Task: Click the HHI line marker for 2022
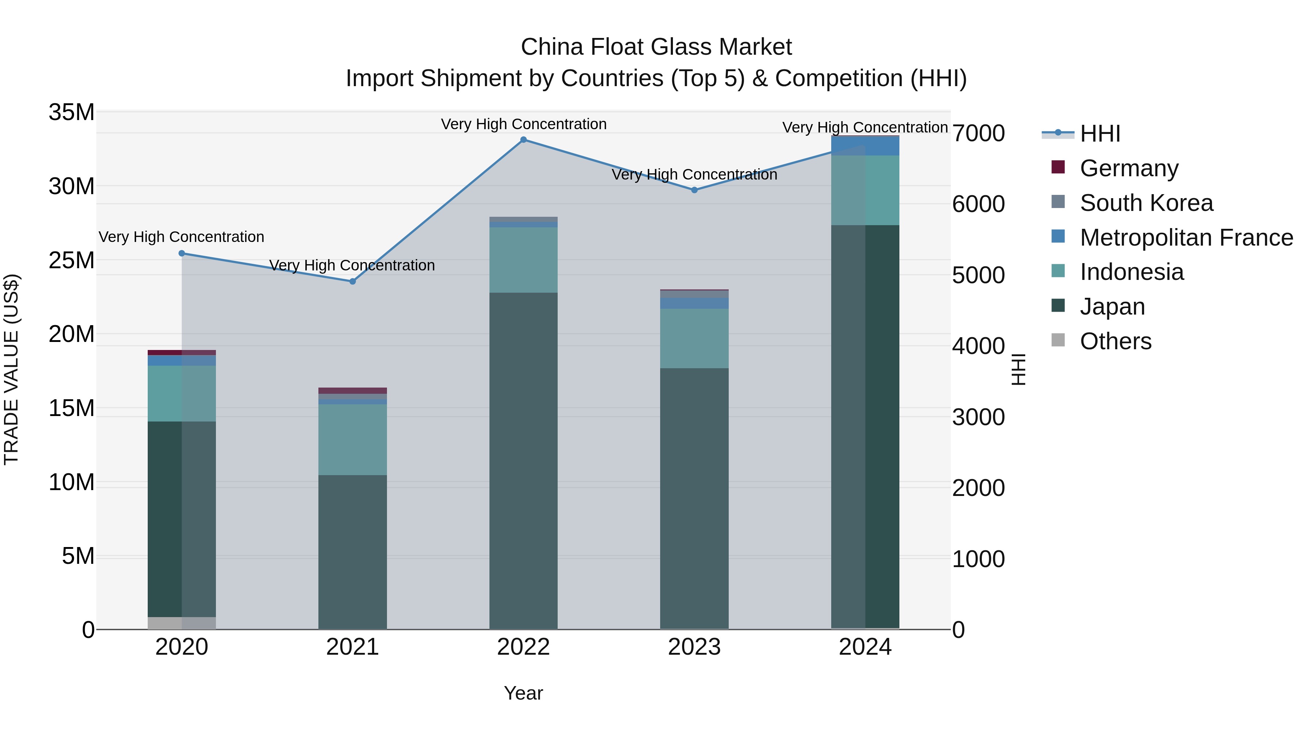[523, 140]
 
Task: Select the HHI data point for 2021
[352, 281]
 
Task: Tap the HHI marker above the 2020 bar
[182, 254]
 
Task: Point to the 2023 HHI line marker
[694, 190]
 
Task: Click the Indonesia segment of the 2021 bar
[352, 440]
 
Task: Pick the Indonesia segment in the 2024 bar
[865, 190]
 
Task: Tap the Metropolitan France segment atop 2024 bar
[865, 146]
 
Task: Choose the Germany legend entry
[1128, 168]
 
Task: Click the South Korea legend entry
[1146, 203]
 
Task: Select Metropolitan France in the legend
[1186, 238]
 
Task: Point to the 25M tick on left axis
[71, 261]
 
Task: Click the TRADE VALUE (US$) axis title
[11, 369]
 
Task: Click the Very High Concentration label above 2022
[523, 124]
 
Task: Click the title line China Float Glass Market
[656, 47]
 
